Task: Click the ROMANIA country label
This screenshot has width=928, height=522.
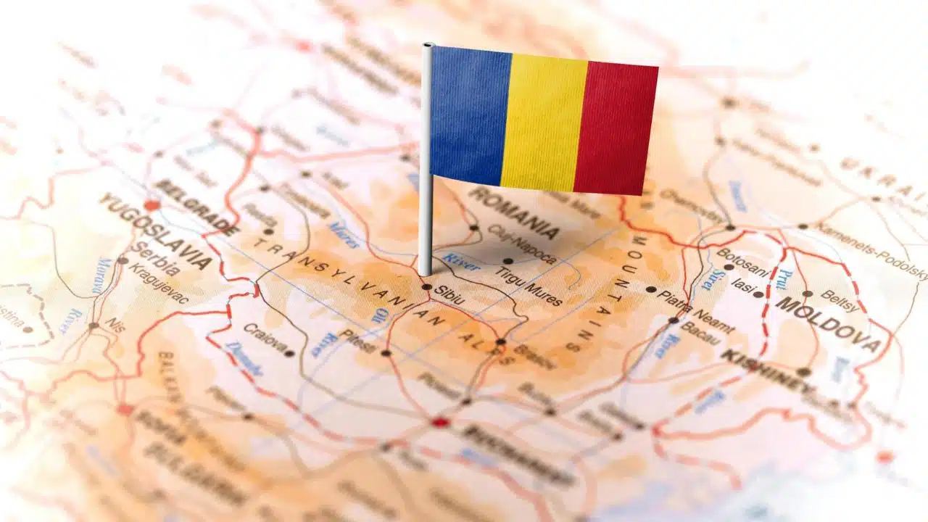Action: (x=514, y=213)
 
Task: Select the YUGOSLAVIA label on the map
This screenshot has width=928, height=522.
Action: (x=155, y=230)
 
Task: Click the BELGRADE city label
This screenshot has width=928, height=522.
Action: (x=196, y=207)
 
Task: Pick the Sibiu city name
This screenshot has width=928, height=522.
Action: (x=449, y=293)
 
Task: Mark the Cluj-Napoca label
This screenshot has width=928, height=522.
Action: (x=522, y=244)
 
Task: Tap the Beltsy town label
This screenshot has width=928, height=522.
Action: (x=840, y=300)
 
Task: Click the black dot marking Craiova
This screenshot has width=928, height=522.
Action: (x=290, y=354)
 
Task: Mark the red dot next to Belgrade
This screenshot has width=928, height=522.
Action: (x=152, y=205)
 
